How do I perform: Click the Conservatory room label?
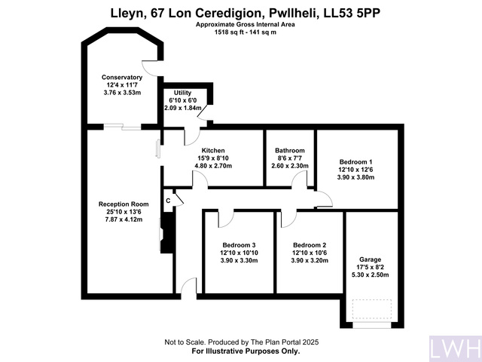tap(122, 77)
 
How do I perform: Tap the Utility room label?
tap(183, 93)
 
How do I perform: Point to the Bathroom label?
tap(290, 150)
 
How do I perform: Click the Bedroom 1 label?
tap(355, 162)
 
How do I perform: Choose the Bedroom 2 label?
tap(310, 245)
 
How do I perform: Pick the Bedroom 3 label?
tap(238, 245)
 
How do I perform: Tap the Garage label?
tap(371, 259)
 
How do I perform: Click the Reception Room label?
tap(124, 204)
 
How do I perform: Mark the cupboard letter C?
tap(168, 200)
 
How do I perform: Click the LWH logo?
tap(454, 348)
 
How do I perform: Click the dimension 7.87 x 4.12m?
tap(124, 220)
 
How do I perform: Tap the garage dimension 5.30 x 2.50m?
tap(371, 275)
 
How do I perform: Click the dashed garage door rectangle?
tap(371, 310)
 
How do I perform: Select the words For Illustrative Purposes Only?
tap(246, 351)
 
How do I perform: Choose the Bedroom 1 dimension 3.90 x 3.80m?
tap(355, 178)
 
